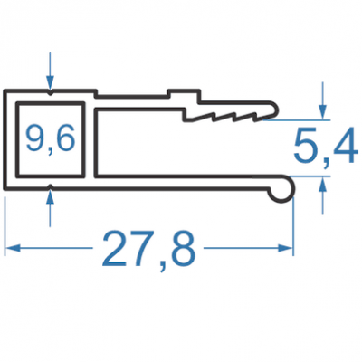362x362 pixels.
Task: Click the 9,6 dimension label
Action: tap(51, 139)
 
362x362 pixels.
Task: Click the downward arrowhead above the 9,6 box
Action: tap(50, 82)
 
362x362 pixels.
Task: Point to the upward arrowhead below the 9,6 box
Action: tap(50, 198)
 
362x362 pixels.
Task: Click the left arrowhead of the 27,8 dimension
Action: tap(13, 248)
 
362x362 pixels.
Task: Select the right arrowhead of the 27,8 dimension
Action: tap(285, 248)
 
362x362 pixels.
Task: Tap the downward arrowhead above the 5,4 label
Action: tap(323, 112)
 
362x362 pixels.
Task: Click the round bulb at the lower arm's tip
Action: tap(282, 189)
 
